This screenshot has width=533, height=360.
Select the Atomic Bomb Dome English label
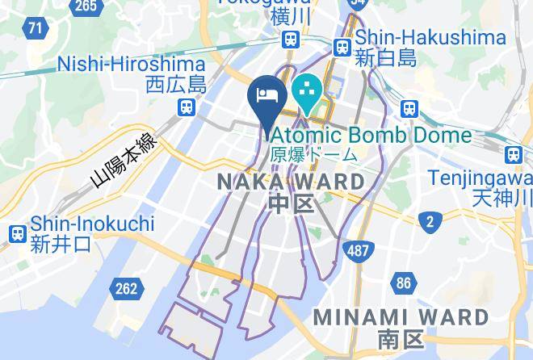tap(371, 134)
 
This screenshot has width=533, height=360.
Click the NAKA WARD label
tap(292, 182)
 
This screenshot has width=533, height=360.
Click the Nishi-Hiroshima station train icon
tap(187, 106)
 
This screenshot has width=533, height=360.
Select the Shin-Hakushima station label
tap(430, 37)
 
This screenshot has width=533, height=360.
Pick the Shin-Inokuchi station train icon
tap(16, 234)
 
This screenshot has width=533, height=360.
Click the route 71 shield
tap(35, 29)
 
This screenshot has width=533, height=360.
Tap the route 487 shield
tap(359, 251)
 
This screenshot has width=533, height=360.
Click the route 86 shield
tap(403, 283)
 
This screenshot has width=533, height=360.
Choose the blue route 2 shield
tap(430, 221)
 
